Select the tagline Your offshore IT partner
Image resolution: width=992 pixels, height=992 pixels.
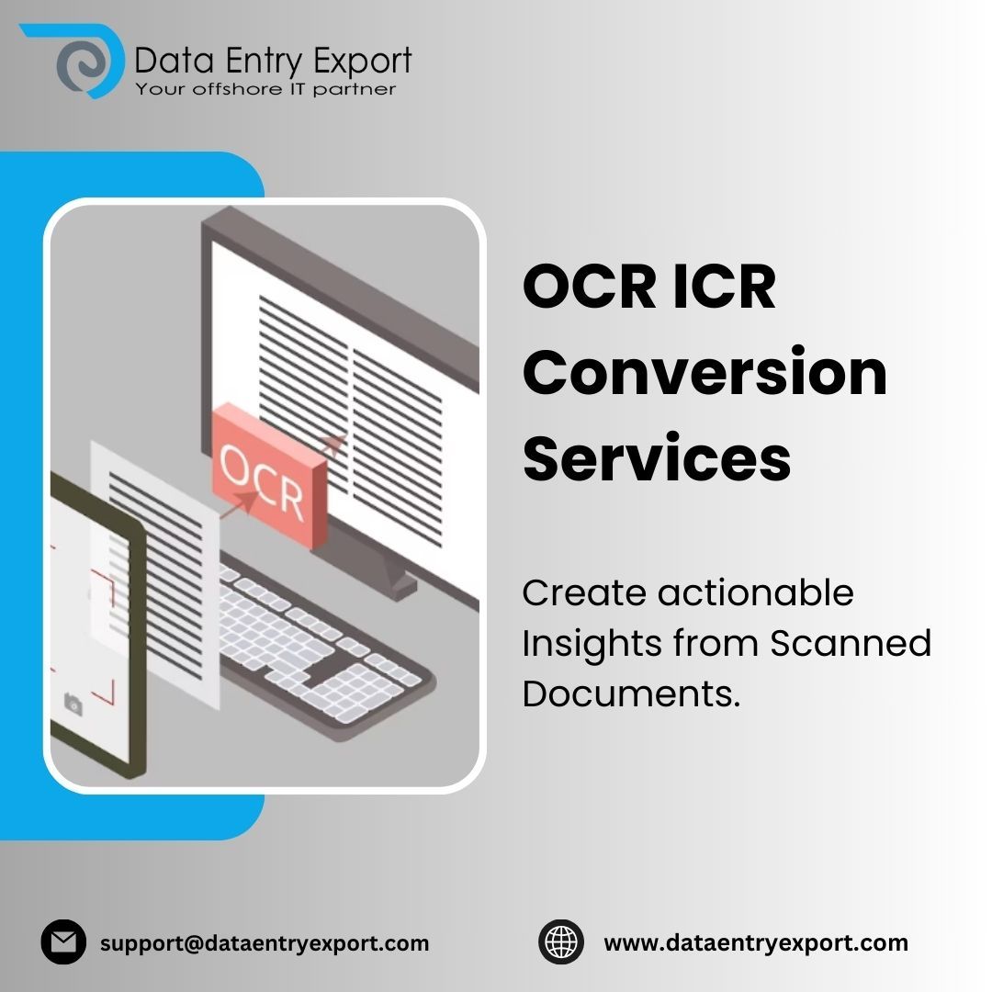[265, 89]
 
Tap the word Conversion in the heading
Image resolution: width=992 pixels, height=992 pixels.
[705, 372]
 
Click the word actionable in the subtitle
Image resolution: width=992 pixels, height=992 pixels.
[756, 593]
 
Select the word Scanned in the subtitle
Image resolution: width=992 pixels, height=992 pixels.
[851, 644]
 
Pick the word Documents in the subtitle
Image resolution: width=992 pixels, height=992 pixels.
[630, 694]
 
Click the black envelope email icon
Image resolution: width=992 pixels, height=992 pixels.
[63, 942]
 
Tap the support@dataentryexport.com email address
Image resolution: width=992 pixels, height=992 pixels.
[265, 942]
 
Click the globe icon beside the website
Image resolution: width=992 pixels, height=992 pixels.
[561, 942]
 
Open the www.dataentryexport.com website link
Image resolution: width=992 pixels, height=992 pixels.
[755, 942]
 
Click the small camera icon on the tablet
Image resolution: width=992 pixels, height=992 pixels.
[73, 704]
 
